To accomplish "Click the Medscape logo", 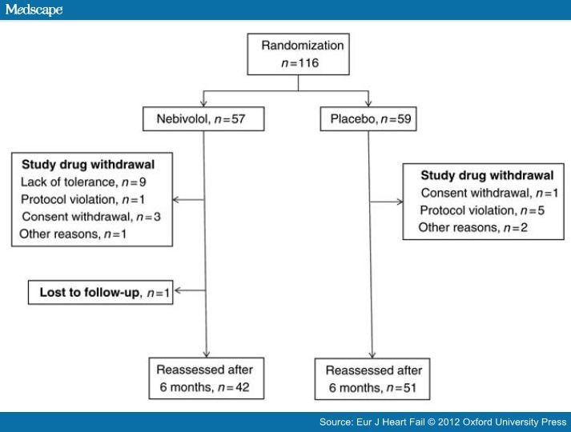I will click(33, 10).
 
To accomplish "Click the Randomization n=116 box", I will click(300, 54).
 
